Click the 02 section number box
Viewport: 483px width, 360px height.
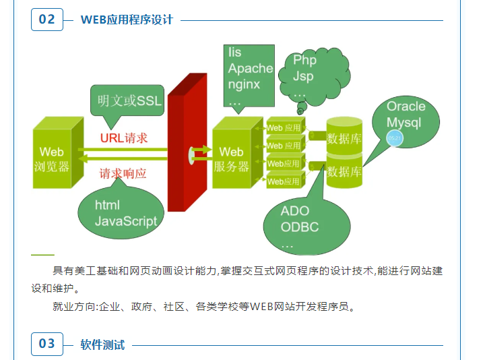tap(46, 20)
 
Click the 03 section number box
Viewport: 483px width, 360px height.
tap(46, 344)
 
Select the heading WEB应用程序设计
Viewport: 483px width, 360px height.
tap(127, 20)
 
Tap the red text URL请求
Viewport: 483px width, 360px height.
tap(124, 138)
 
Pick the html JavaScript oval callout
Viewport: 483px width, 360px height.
tap(123, 212)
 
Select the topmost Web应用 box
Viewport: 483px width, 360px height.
tap(284, 127)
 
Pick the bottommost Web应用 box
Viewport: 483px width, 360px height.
tap(284, 181)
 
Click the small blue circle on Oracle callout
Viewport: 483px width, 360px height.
tap(395, 138)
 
